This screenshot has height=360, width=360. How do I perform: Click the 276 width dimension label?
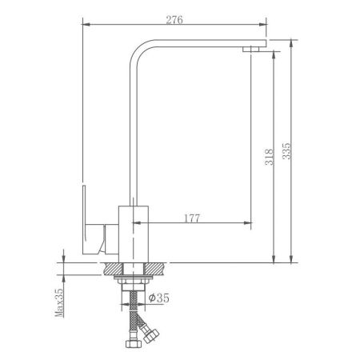[174, 20]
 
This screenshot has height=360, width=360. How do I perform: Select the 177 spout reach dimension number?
[192, 218]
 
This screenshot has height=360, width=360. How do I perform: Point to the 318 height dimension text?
[270, 157]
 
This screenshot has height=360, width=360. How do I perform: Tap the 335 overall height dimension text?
[286, 151]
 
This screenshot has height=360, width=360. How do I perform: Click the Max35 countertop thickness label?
[59, 302]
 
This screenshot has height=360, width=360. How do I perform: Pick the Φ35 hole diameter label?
[159, 298]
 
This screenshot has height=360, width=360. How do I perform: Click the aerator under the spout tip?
[250, 49]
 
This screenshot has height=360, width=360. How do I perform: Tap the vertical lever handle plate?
[84, 219]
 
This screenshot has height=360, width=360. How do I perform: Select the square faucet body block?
[133, 234]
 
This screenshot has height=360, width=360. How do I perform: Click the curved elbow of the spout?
[138, 50]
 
